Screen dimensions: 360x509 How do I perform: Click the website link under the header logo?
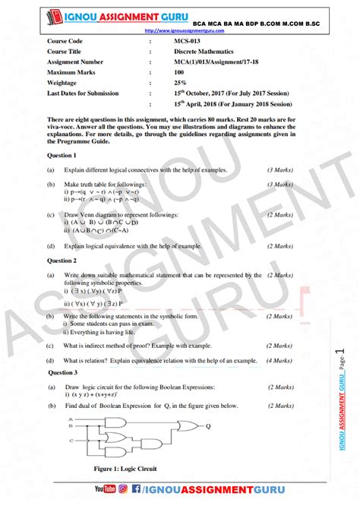coord(183,31)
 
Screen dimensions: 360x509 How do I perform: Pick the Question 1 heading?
coord(62,154)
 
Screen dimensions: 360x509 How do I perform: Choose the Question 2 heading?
coord(62,260)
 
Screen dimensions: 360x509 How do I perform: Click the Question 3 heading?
coord(62,372)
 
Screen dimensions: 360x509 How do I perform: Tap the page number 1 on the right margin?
coord(340,356)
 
